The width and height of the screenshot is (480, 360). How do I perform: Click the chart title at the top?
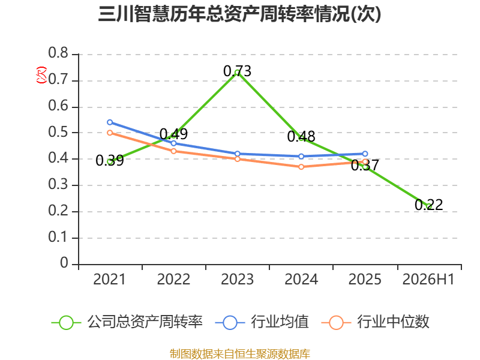(x=239, y=14)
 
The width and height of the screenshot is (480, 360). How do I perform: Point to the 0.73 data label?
(x=237, y=71)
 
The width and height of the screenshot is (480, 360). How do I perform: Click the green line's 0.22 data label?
(x=429, y=205)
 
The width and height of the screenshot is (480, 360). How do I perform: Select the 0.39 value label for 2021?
(x=110, y=160)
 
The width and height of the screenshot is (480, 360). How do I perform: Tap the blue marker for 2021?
(x=110, y=122)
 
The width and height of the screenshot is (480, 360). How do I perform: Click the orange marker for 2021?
(x=110, y=133)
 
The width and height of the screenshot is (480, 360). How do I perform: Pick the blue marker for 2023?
(x=238, y=154)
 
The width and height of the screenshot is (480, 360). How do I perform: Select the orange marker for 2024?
(x=301, y=167)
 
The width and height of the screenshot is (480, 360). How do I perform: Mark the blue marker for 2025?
(x=365, y=154)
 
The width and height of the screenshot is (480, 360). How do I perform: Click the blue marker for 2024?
(x=301, y=157)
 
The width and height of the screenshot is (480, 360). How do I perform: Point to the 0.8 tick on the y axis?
(x=58, y=53)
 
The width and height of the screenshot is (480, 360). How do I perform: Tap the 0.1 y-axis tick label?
(x=58, y=237)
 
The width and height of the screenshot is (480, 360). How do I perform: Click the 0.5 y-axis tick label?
(x=58, y=132)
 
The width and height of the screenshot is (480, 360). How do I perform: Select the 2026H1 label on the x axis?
(x=428, y=279)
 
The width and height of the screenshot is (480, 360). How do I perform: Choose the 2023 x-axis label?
(x=237, y=279)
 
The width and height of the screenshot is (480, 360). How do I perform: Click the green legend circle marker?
(x=66, y=323)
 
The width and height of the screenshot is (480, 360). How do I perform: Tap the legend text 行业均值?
(x=280, y=322)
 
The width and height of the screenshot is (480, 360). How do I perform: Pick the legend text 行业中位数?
(x=393, y=322)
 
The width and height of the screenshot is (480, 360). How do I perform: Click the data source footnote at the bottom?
(x=239, y=354)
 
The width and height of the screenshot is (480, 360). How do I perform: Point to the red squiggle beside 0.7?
(x=41, y=75)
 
